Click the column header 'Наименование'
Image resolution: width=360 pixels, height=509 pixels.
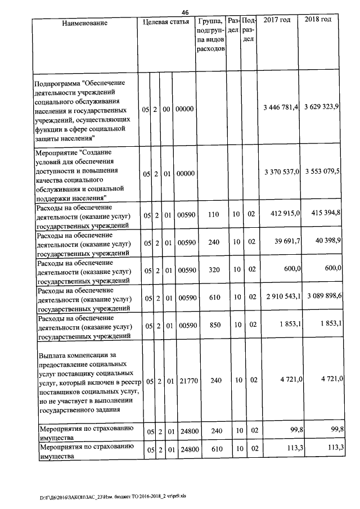84,23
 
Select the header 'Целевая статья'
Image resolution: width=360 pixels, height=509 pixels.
166,22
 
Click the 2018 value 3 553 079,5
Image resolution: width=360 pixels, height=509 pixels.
321,172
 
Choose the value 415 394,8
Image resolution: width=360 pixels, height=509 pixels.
325,214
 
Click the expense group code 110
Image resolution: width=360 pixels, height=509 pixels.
213,215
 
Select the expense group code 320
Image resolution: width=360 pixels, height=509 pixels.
213,270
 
